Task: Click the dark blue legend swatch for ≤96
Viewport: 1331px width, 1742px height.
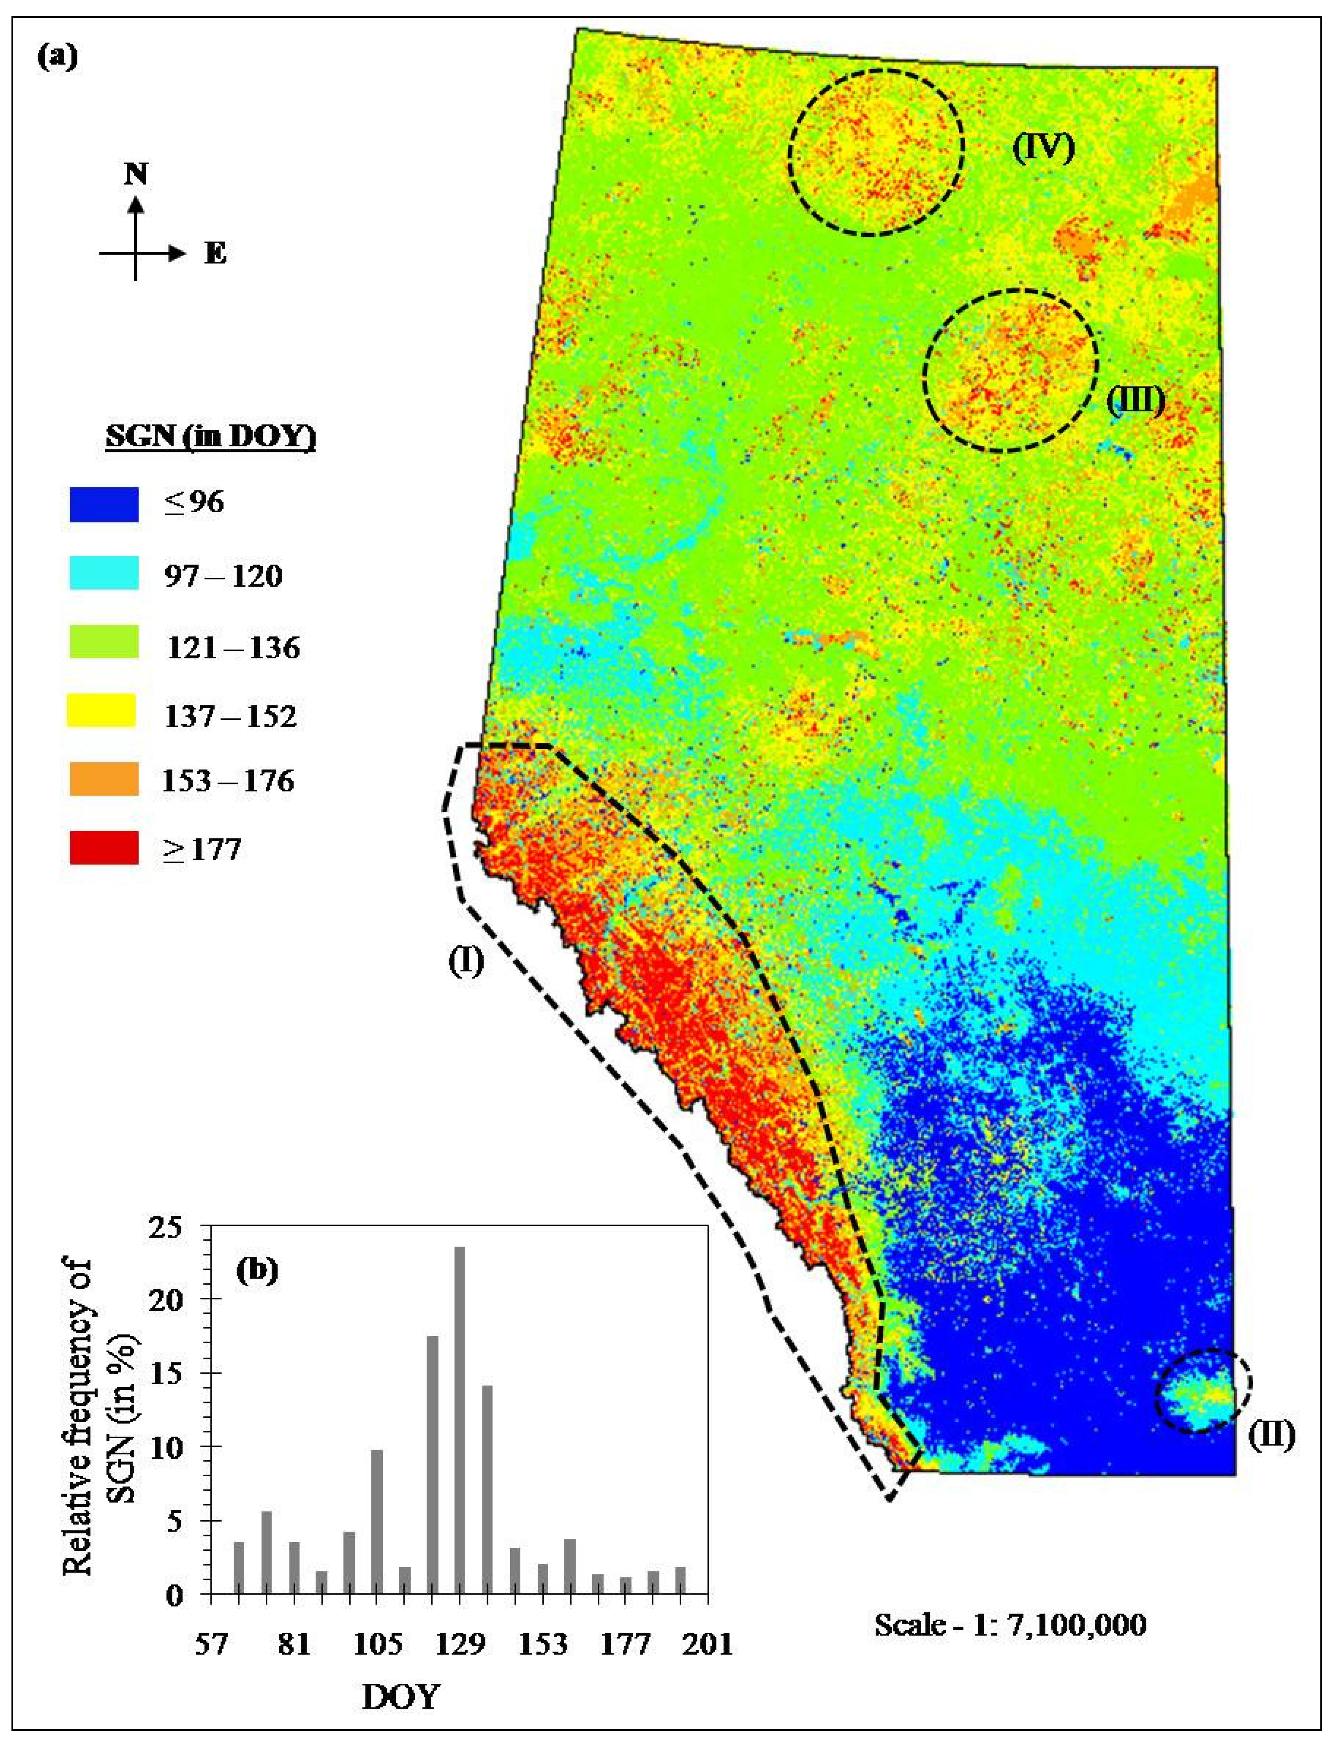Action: pyautogui.click(x=104, y=504)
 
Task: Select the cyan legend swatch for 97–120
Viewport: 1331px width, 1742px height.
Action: pyautogui.click(x=104, y=573)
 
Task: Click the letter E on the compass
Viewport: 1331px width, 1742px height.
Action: pyautogui.click(x=215, y=254)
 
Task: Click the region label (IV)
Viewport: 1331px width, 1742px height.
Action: pyautogui.click(x=1044, y=148)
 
